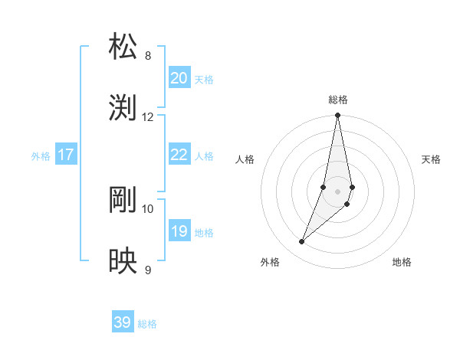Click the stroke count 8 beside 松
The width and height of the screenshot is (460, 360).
148,56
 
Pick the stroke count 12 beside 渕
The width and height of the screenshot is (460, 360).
148,117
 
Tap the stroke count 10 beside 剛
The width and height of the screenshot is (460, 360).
148,208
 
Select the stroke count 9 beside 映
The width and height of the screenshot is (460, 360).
148,270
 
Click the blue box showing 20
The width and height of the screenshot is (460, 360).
179,78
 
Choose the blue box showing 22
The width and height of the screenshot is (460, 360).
179,155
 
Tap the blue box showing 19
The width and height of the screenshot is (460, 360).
179,231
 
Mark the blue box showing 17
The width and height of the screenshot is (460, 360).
66,155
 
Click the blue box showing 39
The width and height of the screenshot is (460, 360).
123,322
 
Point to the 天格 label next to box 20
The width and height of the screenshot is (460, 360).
204,80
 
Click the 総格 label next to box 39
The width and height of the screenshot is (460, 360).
147,324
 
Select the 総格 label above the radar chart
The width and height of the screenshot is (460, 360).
338,100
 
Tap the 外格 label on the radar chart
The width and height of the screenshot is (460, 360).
270,262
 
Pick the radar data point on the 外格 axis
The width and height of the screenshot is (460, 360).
302,242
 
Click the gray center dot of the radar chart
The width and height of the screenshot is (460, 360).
338,191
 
